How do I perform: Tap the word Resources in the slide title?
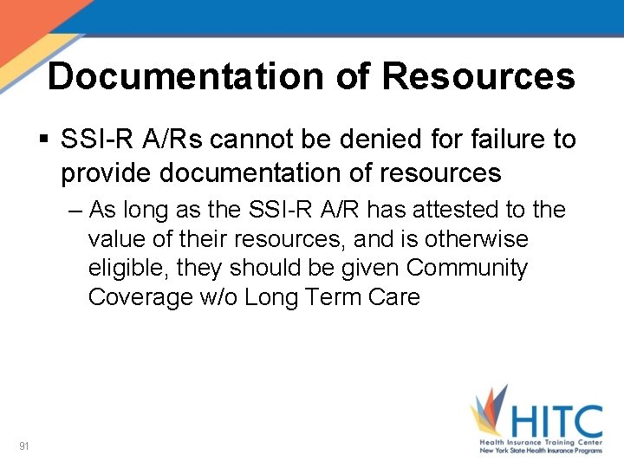tap(478, 76)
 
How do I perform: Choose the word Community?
tap(466, 268)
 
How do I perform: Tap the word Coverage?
tap(140, 297)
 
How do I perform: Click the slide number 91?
tap(24, 446)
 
